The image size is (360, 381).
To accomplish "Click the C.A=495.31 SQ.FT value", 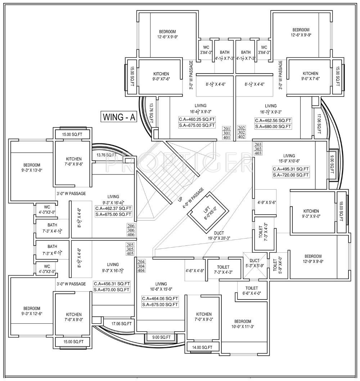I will pyautogui.click(x=291, y=169).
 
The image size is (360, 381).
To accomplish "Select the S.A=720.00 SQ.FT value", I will pyautogui.click(x=291, y=175).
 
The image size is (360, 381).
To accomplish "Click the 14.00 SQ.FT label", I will pyautogui.click(x=202, y=347).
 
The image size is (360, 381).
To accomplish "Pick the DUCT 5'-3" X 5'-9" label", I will pyautogui.click(x=255, y=263).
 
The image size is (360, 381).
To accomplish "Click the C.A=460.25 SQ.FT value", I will pyautogui.click(x=197, y=119).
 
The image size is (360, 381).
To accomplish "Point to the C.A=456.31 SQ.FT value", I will pyautogui.click(x=112, y=283).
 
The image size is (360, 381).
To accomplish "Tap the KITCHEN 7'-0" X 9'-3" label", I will pyautogui.click(x=204, y=317).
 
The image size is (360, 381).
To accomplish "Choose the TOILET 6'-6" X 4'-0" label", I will pyautogui.click(x=252, y=291).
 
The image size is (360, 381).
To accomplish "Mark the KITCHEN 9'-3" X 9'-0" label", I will pyautogui.click(x=311, y=214).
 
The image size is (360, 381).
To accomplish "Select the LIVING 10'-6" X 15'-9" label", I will pyautogui.click(x=161, y=286).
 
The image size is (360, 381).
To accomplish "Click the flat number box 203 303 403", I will pyautogui.click(x=258, y=149).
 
